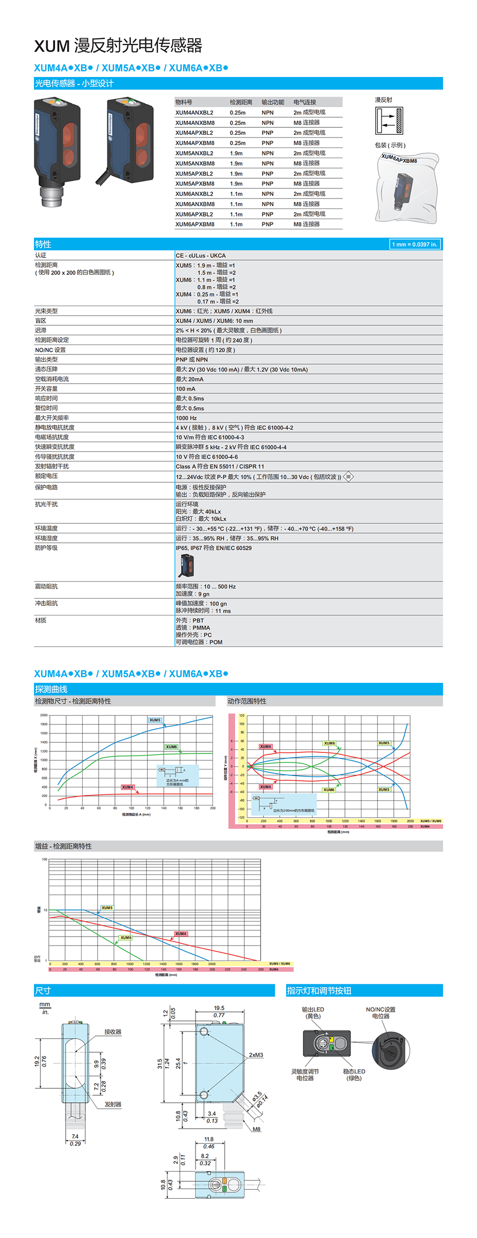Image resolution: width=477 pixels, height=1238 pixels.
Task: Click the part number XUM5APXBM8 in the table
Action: [x=195, y=184]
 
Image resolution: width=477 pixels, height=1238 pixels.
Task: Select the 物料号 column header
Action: [x=183, y=102]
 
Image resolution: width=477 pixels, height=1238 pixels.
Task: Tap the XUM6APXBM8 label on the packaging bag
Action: [x=399, y=159]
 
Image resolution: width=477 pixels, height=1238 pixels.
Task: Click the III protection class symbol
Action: [x=348, y=477]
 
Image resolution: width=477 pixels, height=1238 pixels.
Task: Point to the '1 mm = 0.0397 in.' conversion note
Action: [x=414, y=244]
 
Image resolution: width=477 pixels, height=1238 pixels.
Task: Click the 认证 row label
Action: [x=41, y=255]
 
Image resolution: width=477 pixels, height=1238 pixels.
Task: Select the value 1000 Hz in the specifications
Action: [x=186, y=418]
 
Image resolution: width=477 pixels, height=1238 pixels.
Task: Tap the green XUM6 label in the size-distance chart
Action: [x=171, y=747]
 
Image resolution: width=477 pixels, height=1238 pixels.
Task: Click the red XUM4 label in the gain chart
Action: [x=181, y=933]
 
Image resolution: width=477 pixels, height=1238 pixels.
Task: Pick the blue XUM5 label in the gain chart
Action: [x=107, y=907]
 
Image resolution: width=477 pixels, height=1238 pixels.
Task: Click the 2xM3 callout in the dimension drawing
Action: [x=256, y=1055]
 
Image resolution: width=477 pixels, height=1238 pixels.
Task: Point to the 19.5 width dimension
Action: [x=219, y=1008]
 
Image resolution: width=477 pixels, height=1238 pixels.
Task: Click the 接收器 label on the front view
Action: [x=113, y=1032]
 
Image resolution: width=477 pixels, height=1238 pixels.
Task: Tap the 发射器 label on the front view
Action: [x=113, y=1104]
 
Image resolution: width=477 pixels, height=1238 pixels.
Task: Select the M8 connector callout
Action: [x=257, y=1129]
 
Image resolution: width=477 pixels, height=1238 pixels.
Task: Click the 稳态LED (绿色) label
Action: [x=354, y=1075]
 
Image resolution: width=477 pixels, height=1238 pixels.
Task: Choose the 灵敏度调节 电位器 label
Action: [x=305, y=1075]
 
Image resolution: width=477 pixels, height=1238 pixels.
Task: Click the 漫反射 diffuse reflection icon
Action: [x=389, y=121]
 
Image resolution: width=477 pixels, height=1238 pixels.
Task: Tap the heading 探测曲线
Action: [x=51, y=689]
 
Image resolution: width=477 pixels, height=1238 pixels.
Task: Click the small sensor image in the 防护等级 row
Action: [x=187, y=565]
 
